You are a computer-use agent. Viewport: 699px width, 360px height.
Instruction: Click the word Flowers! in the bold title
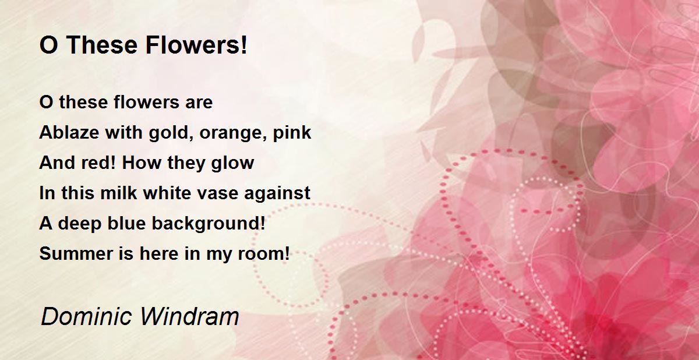[x=196, y=45]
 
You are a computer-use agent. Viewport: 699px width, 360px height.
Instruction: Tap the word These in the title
[x=102, y=45]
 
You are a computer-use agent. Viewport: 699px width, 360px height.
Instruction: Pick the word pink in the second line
[x=292, y=133]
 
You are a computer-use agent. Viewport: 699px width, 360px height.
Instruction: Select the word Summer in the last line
[x=76, y=253]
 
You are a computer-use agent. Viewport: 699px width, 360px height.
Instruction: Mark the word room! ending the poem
[x=264, y=253]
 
